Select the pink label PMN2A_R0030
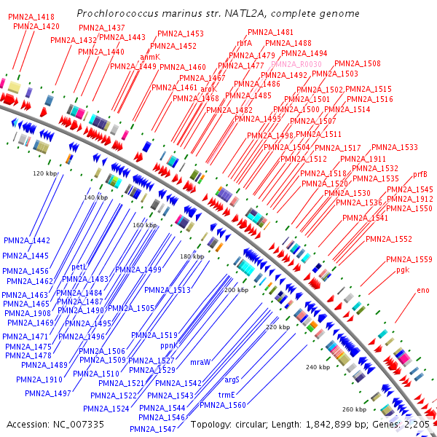pyautogui.click(x=291, y=64)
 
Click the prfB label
pyautogui.click(x=420, y=174)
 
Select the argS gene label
pyautogui.click(x=232, y=379)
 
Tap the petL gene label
pyautogui.click(x=79, y=267)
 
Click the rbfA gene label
pyautogui.click(x=244, y=44)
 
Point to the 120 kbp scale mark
pyautogui.click(x=45, y=173)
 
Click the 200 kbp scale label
pyautogui.click(x=236, y=290)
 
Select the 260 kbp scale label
pyautogui.click(x=353, y=409)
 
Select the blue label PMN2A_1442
pyautogui.click(x=26, y=240)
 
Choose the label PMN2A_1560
pyautogui.click(x=223, y=405)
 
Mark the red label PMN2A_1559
pyautogui.click(x=409, y=259)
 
